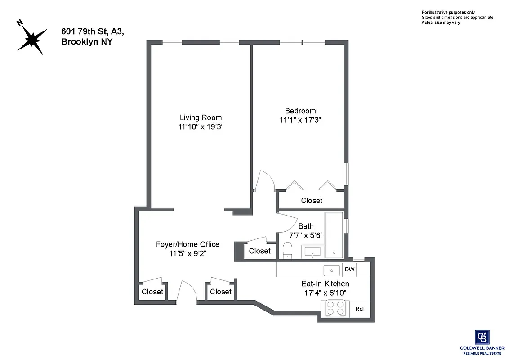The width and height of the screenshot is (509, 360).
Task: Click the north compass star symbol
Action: coord(31,39)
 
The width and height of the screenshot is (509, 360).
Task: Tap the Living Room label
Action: coord(201,117)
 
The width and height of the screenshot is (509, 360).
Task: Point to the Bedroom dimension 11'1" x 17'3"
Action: coord(300,120)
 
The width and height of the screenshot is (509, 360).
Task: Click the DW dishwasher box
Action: coord(349,270)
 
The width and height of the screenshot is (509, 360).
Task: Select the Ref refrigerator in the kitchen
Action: coord(360,309)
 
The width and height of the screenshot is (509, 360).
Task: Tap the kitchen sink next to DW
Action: coord(332,270)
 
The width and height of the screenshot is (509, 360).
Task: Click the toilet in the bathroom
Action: coord(288,250)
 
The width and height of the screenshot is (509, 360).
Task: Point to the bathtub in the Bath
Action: coord(334,234)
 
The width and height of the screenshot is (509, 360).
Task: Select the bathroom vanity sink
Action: coord(312,252)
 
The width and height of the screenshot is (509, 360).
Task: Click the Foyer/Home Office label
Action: coord(188,244)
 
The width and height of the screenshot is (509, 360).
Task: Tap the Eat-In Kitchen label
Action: coord(325,284)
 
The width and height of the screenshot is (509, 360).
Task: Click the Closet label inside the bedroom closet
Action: coord(312,201)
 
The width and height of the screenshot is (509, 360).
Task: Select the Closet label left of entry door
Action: coord(152,292)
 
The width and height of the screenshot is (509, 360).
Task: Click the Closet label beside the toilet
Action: coord(259,251)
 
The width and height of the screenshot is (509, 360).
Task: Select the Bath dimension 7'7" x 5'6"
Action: coord(306,235)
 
